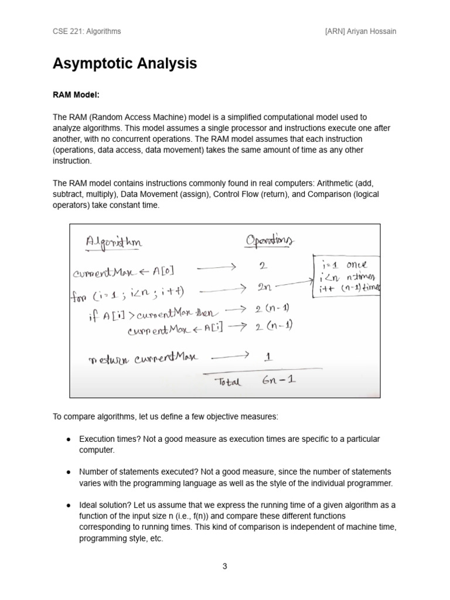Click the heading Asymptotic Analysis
(125, 64)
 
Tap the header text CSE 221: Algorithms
(87, 31)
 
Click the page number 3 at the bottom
(224, 566)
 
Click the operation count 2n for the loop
(262, 288)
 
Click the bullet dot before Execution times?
(69, 439)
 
